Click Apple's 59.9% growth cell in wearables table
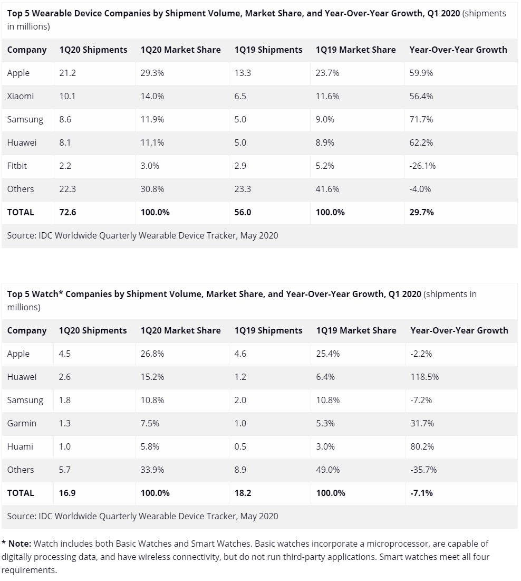pyautogui.click(x=421, y=73)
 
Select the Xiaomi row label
pyautogui.click(x=21, y=97)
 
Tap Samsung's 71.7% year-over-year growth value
pyautogui.click(x=421, y=119)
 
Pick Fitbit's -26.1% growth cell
pyautogui.click(x=422, y=166)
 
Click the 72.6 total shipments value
pyautogui.click(x=67, y=212)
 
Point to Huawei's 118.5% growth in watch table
pyautogui.click(x=424, y=377)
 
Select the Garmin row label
pyautogui.click(x=22, y=423)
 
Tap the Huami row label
pyautogui.click(x=20, y=446)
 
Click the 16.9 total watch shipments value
pyautogui.click(x=67, y=493)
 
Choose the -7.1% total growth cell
pyautogui.click(x=421, y=493)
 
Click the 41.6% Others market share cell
pyautogui.click(x=327, y=189)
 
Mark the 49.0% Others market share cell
pyautogui.click(x=327, y=470)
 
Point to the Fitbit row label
pyautogui.click(x=17, y=166)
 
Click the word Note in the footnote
pyautogui.click(x=20, y=544)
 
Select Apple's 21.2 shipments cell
pyautogui.click(x=67, y=73)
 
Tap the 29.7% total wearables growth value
pyautogui.click(x=421, y=212)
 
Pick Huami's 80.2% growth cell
pyautogui.click(x=422, y=446)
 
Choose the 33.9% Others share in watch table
pyautogui.click(x=152, y=470)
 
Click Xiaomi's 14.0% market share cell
pyautogui.click(x=152, y=97)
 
